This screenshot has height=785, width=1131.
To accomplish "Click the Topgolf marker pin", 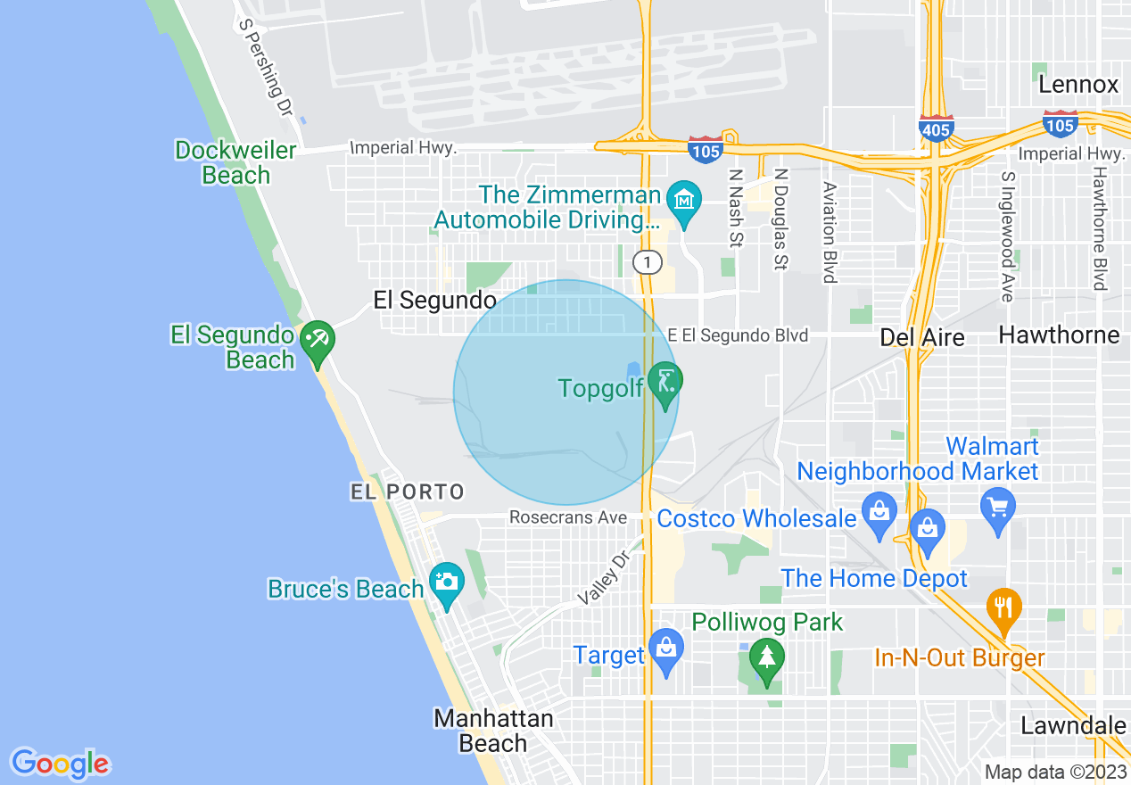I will (665, 382).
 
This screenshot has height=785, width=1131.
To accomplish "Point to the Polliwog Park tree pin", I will (766, 658).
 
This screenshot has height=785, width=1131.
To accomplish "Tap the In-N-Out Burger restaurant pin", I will (1004, 608).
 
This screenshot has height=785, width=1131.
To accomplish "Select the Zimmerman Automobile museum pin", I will (684, 199).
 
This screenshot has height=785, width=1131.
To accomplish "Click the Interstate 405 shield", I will (936, 129).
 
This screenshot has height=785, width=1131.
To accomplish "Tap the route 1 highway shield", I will (648, 262).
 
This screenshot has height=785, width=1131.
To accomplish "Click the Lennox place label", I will (1078, 85).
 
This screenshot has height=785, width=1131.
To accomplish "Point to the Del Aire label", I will (922, 337).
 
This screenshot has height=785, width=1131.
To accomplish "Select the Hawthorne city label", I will (1059, 335).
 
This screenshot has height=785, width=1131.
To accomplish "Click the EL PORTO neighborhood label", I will (408, 492).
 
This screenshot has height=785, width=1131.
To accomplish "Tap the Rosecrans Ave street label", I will (568, 517).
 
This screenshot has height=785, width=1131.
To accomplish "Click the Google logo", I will (60, 764).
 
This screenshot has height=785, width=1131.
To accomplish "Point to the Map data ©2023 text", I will (1055, 772).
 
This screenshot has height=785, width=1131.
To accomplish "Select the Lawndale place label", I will (1073, 725).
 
